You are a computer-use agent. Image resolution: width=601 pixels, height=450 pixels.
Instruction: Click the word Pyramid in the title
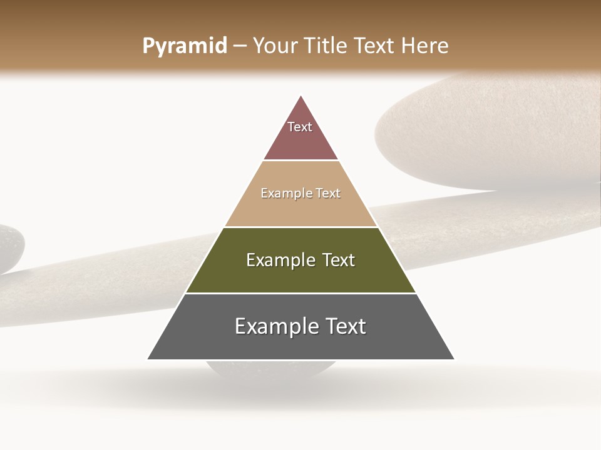tap(184, 46)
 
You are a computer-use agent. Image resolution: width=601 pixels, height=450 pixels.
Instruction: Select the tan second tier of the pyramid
tap(300, 209)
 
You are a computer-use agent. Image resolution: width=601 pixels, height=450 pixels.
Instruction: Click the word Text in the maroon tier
tap(300, 127)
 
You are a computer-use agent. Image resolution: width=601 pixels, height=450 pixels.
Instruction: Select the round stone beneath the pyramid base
tap(269, 370)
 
